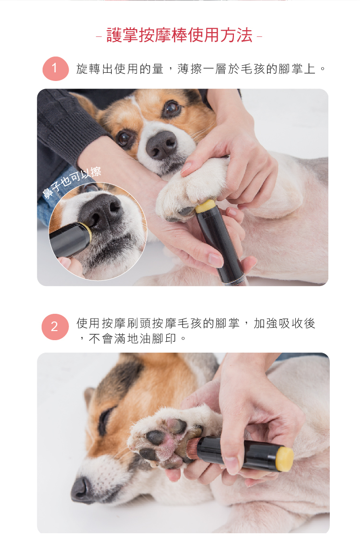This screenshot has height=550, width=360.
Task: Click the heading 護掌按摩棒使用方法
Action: click(x=179, y=35)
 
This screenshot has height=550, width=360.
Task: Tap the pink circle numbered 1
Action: click(x=56, y=69)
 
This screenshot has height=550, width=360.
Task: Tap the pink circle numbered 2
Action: click(x=55, y=327)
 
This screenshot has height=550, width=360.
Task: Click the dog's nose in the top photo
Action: click(x=161, y=145)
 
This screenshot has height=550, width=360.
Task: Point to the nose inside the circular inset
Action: click(x=101, y=212)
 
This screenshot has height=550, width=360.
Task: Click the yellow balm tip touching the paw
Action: click(x=205, y=206)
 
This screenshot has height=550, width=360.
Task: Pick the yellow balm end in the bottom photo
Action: click(x=285, y=459)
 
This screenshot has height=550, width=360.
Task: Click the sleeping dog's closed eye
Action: click(x=105, y=419)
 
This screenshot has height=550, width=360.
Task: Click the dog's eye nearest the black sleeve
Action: click(x=124, y=138)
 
